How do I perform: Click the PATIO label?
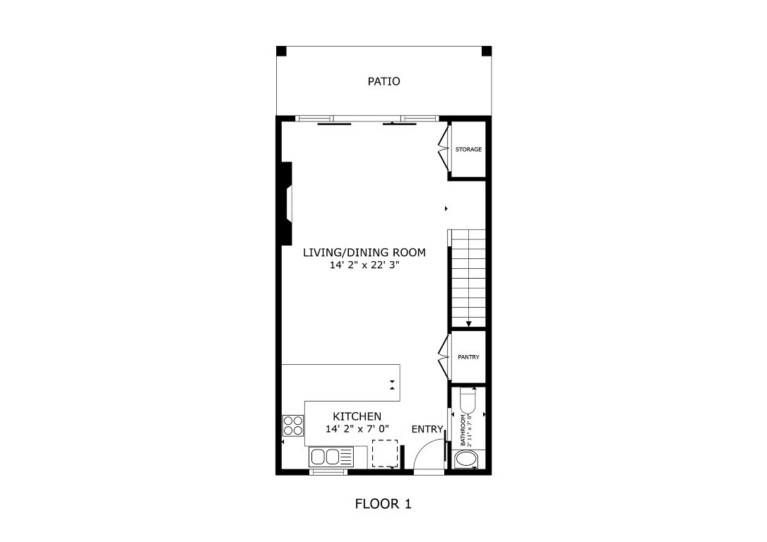tap(383, 81)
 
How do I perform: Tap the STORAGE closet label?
tap(468, 150)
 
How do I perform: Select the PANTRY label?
tap(468, 357)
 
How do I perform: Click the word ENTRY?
tap(427, 429)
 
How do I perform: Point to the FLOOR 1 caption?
tap(383, 504)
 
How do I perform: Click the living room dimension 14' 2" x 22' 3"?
tap(365, 266)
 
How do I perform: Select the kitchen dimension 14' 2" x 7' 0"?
tap(357, 429)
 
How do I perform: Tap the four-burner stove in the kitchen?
tap(293, 426)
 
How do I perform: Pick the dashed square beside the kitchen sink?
tap(385, 453)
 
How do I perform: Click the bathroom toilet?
tap(468, 402)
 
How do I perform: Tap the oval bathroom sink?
tap(466, 460)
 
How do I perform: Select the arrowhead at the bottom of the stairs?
tap(468, 324)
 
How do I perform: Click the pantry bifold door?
tap(443, 356)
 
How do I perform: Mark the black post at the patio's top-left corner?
tap(280, 51)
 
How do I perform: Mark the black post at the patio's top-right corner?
tap(486, 51)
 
